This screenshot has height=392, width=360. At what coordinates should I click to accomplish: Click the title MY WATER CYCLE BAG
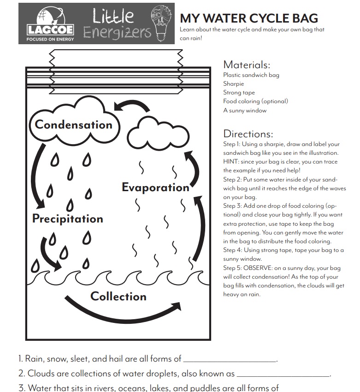[x=248, y=18]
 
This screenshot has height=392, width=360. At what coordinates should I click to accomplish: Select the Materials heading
[x=246, y=65]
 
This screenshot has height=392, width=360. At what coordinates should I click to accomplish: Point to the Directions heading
[x=248, y=134]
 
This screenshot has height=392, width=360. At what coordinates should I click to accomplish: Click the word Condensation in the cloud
[x=74, y=125]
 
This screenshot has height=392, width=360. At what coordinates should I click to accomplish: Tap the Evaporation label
[x=155, y=187]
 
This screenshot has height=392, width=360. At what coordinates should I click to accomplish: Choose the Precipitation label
[x=68, y=218]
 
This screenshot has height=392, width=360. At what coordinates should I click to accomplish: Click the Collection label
[x=118, y=296]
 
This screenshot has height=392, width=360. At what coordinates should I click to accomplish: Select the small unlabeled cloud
[x=149, y=133]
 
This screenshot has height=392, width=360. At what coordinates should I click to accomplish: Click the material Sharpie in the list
[x=234, y=84]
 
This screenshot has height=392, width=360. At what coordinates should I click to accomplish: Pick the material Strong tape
[x=239, y=93]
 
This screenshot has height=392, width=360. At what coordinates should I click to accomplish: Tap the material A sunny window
[x=245, y=111]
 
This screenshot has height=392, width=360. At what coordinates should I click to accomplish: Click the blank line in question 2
[x=283, y=376]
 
